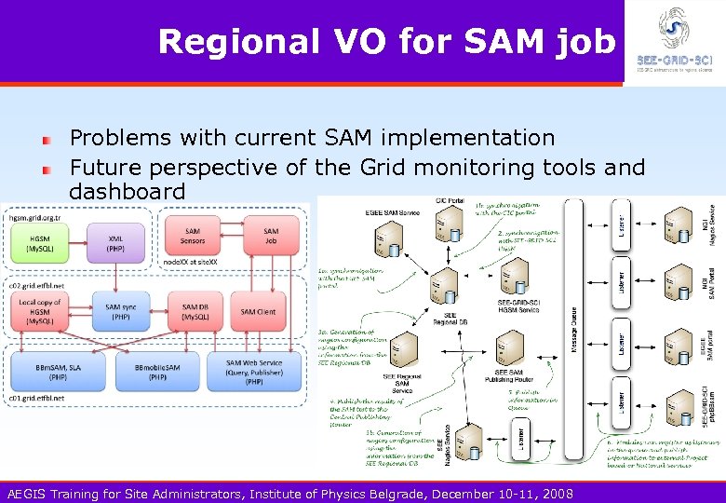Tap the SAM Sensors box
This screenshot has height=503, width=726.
[x=193, y=237]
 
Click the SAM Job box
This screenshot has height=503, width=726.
[x=270, y=237]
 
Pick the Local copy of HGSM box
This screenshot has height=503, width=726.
[x=40, y=310]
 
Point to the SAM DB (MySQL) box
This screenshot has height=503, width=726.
[x=194, y=311]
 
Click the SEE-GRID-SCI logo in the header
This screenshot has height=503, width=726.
[x=674, y=41]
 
